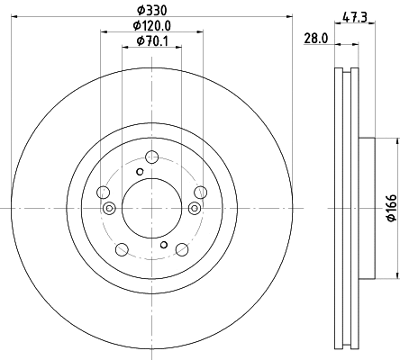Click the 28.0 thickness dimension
pyautogui.click(x=314, y=39)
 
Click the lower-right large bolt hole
pyautogui.click(x=181, y=249)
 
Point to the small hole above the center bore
pyautogui.click(x=140, y=173)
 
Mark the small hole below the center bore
pyautogui.click(x=163, y=244)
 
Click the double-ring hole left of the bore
pyautogui.click(x=109, y=209)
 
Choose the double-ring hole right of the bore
pyautogui.click(x=194, y=209)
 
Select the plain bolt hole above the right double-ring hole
pyautogui.click(x=199, y=192)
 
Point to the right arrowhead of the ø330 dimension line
pyautogui.click(x=289, y=15)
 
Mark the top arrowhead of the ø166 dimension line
pyautogui.click(x=395, y=141)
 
